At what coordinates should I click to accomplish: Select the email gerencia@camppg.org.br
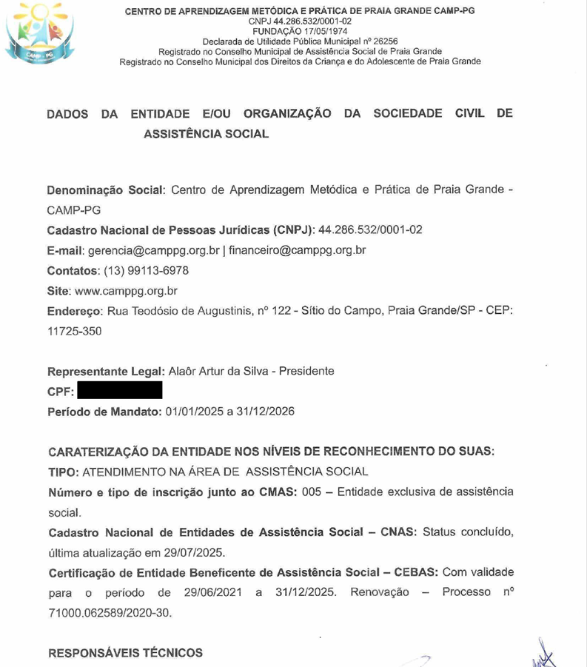(x=154, y=250)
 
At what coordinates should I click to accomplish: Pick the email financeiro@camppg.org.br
(x=298, y=250)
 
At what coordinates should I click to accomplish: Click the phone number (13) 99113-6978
(x=141, y=271)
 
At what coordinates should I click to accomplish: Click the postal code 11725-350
(x=75, y=332)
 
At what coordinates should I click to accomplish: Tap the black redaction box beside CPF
(x=119, y=390)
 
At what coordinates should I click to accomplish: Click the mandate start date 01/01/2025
(x=191, y=412)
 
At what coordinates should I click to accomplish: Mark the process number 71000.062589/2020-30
(x=110, y=614)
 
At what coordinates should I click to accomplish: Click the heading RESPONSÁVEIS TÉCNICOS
(x=125, y=653)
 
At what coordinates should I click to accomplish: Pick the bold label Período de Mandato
(x=104, y=412)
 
